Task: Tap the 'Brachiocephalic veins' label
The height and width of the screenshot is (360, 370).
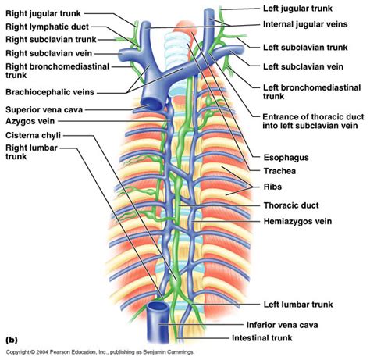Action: (49, 92)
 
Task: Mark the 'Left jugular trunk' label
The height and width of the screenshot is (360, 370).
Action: (300, 7)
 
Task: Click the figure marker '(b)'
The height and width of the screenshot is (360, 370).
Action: (12, 340)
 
